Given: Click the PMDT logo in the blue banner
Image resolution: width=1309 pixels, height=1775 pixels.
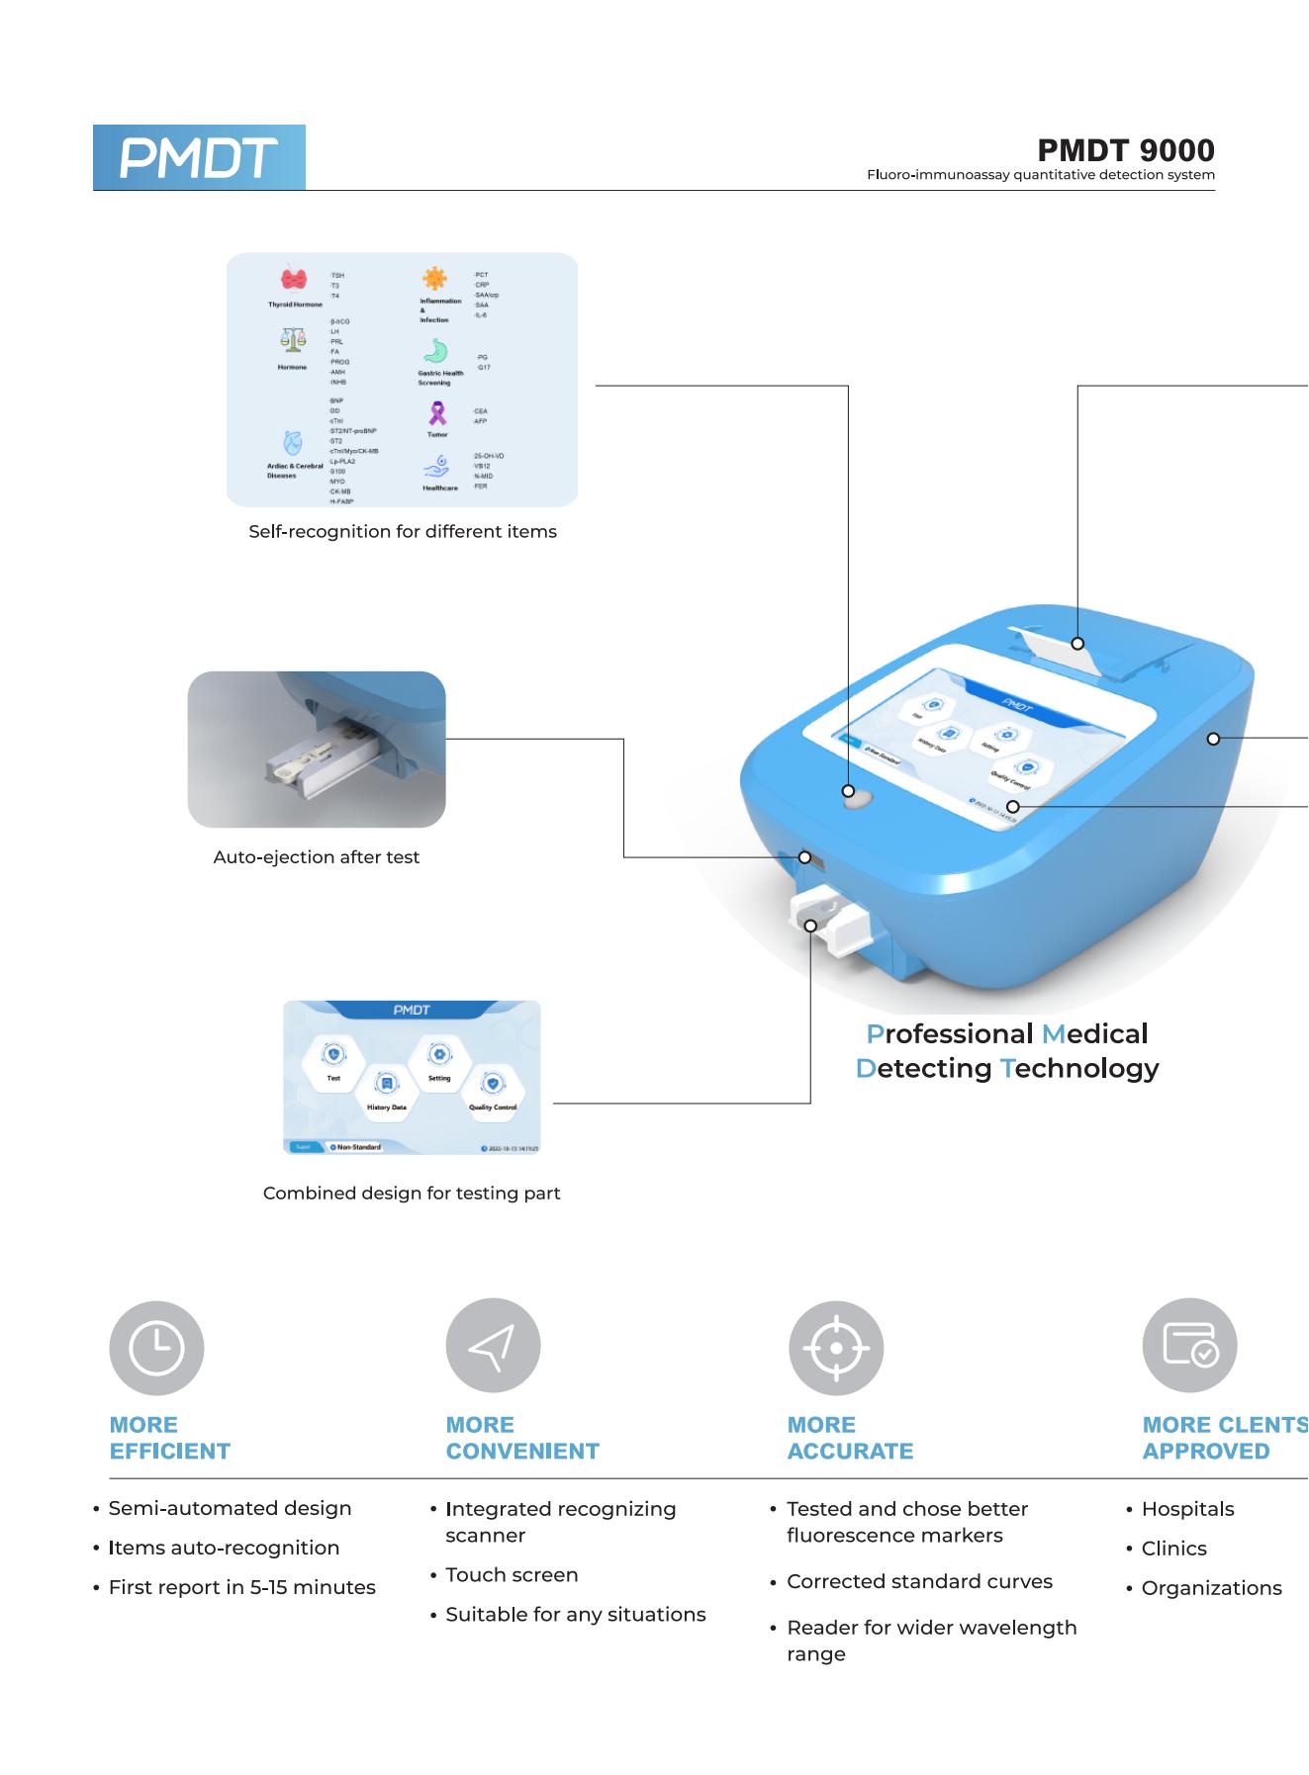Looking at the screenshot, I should tap(199, 158).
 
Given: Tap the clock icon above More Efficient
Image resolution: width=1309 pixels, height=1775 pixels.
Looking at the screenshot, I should tap(156, 1348).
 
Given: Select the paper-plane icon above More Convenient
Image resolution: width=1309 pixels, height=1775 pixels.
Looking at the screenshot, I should tap(493, 1346).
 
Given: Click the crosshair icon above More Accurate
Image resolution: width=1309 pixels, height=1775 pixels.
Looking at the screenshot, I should tap(836, 1347).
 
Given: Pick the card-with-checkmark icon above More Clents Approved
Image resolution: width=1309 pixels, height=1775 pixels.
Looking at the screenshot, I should tap(1189, 1346).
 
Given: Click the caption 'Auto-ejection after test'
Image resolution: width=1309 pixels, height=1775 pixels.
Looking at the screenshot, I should tap(317, 857).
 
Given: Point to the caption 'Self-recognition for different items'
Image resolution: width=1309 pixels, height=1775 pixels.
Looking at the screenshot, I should tap(403, 532).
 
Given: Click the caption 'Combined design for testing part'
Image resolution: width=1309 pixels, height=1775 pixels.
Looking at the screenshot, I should tap(412, 1194).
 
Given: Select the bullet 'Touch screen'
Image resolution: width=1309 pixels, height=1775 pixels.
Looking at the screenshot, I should tap(512, 1575).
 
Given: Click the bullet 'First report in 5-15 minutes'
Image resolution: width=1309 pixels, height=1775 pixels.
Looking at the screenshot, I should tap(242, 1588).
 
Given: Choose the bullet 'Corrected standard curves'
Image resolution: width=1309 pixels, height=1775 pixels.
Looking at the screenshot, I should tap(919, 1582).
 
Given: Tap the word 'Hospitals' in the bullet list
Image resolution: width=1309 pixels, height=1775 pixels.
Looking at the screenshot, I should tap(1187, 1510).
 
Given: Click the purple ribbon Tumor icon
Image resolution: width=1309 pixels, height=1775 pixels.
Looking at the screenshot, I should tap(436, 413).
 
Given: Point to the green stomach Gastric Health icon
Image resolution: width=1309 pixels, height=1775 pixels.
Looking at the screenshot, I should tap(436, 351).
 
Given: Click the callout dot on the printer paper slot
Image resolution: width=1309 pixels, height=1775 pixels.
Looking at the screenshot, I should tap(1078, 644).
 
